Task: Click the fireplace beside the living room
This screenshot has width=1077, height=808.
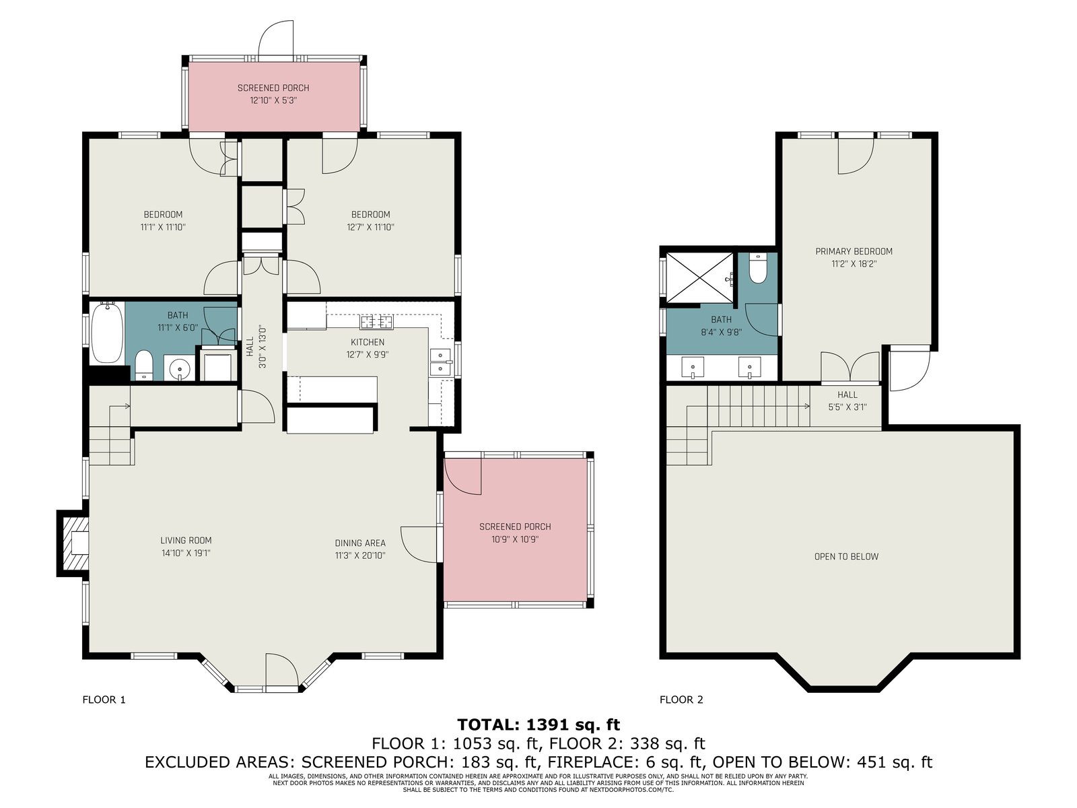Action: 73,543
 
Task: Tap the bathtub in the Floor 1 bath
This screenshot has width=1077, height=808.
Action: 106,332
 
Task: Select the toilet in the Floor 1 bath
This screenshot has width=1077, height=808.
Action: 144,365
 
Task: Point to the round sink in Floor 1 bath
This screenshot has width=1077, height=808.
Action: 180,368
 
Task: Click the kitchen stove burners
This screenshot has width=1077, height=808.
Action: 377,323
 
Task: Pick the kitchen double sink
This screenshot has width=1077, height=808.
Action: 441,362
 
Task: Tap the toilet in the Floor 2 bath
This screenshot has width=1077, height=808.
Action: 759,269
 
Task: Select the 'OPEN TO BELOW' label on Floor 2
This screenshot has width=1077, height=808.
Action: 846,556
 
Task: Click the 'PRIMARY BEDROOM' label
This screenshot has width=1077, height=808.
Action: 854,251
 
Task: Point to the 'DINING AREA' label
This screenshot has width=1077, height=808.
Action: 360,543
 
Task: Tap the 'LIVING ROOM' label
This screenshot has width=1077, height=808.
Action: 186,540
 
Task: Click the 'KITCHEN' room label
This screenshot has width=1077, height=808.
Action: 368,342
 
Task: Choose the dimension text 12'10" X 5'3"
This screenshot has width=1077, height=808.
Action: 273,100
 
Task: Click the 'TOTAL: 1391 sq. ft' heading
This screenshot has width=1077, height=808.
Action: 538,725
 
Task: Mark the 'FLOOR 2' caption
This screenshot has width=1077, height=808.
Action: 681,700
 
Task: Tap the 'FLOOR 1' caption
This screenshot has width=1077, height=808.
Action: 104,700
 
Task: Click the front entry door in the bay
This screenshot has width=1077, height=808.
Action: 281,671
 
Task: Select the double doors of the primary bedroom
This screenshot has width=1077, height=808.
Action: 850,366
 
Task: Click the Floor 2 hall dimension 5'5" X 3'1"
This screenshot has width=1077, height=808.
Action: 847,407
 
